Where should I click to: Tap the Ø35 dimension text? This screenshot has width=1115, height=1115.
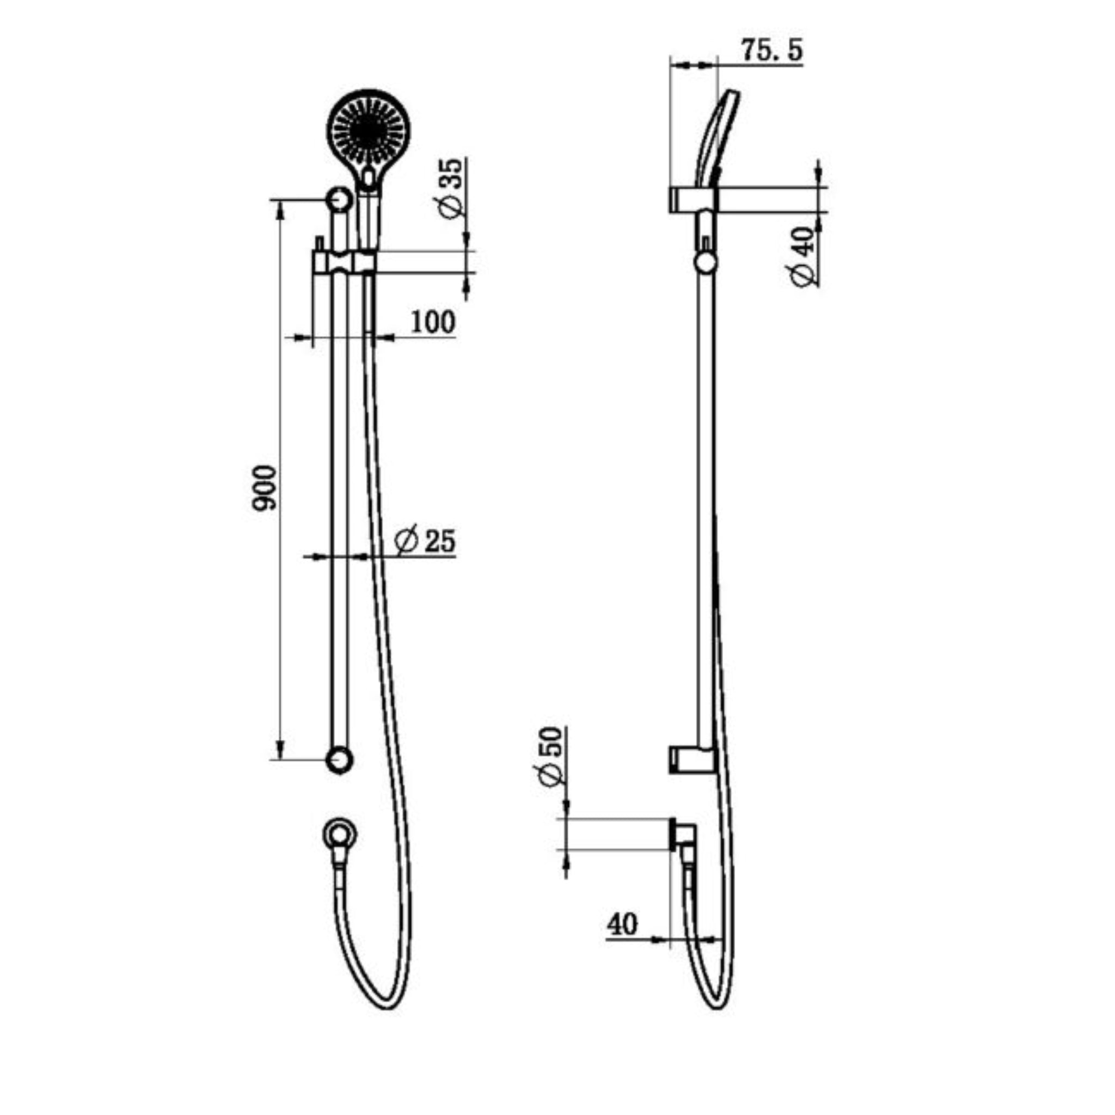[x=451, y=188]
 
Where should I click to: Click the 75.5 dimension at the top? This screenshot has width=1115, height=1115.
[x=771, y=51]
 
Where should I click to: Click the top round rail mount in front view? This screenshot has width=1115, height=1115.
[x=339, y=199]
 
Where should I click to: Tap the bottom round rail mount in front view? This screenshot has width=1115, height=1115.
[x=339, y=760]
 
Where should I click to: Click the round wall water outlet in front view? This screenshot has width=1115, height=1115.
[x=339, y=835]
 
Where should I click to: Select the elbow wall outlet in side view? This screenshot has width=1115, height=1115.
[x=684, y=837]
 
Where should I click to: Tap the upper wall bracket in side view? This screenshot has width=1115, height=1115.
[x=693, y=199]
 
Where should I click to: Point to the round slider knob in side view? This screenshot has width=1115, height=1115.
[x=705, y=262]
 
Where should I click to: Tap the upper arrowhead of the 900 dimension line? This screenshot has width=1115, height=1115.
[x=280, y=210]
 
